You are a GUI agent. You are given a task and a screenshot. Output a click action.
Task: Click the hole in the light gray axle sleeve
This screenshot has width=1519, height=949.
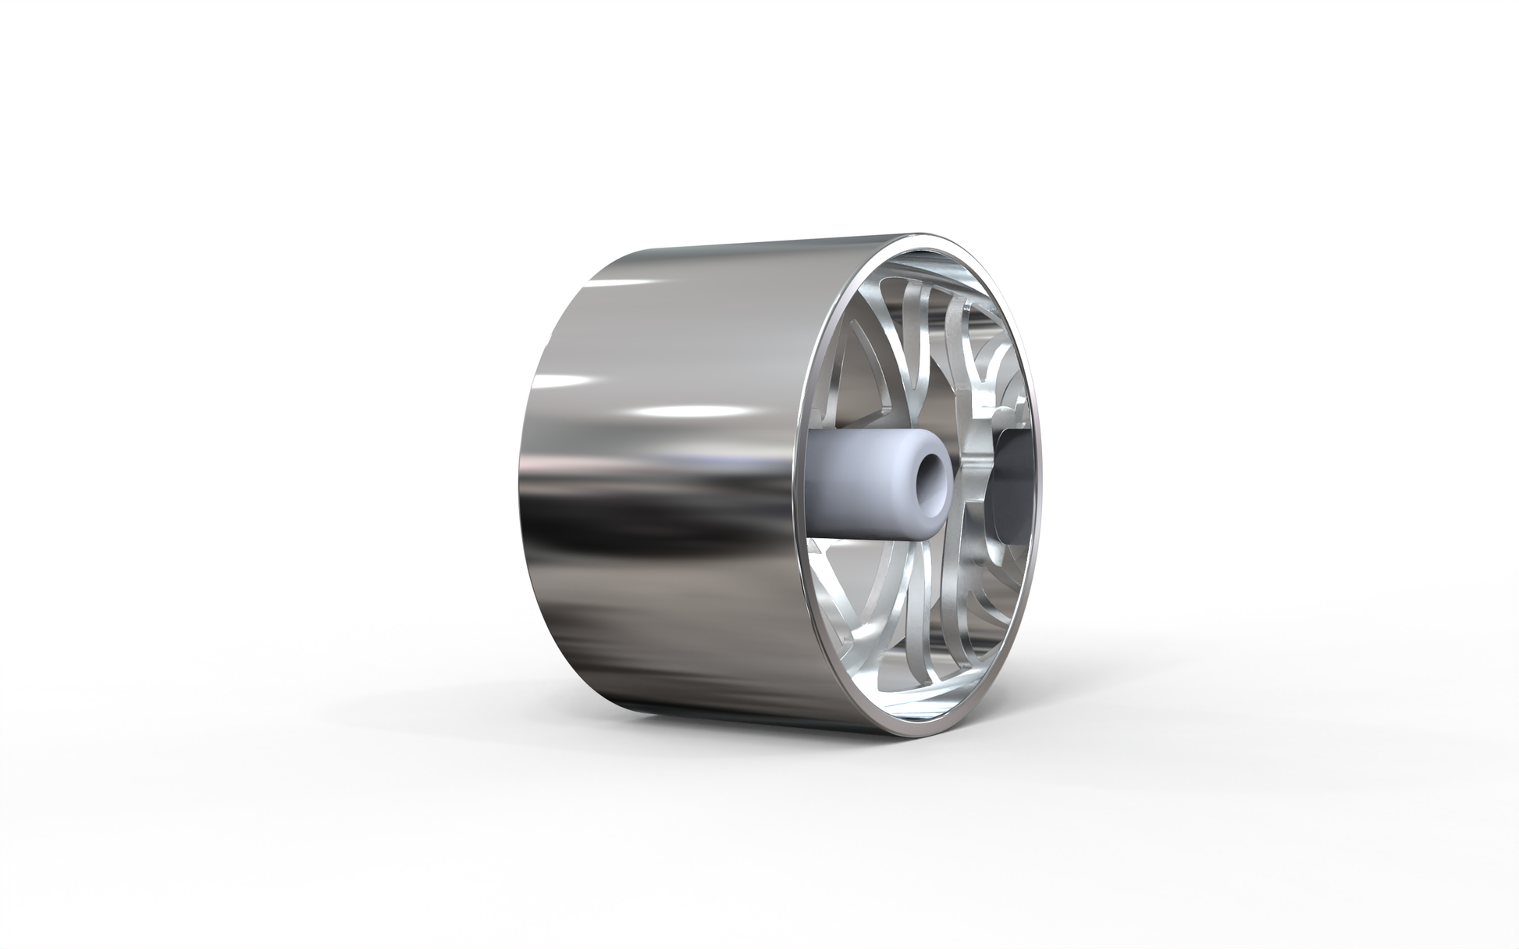(930, 476)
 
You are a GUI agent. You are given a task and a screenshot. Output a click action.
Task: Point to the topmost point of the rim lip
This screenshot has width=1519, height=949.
(929, 232)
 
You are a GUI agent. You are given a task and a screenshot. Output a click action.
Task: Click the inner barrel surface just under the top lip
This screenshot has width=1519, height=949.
(937, 248)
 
